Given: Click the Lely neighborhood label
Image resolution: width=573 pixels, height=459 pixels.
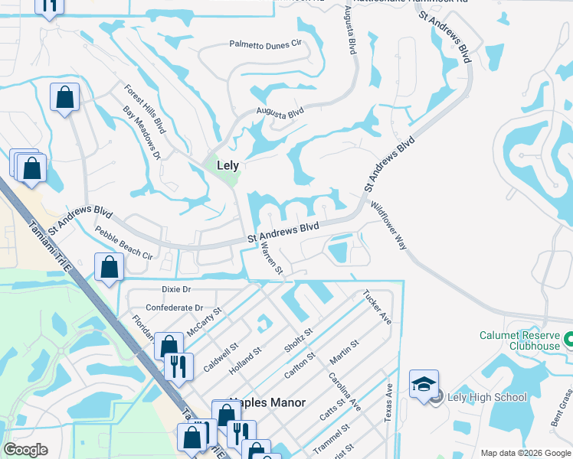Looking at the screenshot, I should click(228, 165).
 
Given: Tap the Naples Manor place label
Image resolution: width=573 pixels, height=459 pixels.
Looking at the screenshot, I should click(267, 402).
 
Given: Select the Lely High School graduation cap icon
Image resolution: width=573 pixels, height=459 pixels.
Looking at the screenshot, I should click(424, 384).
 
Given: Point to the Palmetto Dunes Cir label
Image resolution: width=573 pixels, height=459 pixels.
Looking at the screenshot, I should click(266, 45).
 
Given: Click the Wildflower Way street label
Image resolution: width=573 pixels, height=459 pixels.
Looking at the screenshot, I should click(389, 226).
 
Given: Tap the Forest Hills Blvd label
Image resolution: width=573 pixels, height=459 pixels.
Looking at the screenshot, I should click(145, 109).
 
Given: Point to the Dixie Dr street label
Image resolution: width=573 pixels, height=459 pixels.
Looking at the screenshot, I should click(176, 289).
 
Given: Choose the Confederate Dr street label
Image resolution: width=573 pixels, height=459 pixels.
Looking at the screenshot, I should click(174, 308).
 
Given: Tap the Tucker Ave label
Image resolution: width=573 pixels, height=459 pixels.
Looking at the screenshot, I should click(377, 307).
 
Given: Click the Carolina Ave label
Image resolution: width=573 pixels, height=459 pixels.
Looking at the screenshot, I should click(345, 392).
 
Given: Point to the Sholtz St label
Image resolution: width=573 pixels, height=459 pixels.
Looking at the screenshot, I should click(299, 341).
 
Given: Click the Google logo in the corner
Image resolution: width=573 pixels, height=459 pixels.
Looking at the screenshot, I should click(25, 450).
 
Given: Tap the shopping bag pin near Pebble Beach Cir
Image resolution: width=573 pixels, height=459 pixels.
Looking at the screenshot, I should click(110, 268).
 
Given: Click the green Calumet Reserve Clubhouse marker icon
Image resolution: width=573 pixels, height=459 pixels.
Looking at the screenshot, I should click(568, 338).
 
